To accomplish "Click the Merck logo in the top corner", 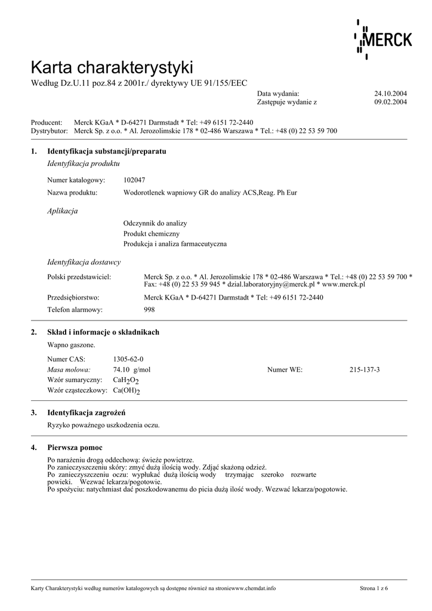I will tap(383, 39).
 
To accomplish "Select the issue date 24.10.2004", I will tap(390, 94).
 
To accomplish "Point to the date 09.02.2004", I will tap(390, 102).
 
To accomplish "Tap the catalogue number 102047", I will tap(134, 180).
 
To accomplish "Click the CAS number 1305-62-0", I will tap(128, 359).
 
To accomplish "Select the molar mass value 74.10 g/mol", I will tap(132, 370).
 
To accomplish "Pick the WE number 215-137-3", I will tap(365, 370).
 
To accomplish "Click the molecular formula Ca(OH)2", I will tap(126, 390).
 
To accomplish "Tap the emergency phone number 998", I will tap(150, 310).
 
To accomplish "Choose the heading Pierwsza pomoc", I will tap(75, 448).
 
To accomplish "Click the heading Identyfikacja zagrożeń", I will tap(86, 413).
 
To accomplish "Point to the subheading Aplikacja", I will tap(62, 211).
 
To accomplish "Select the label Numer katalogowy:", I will tap(76, 180).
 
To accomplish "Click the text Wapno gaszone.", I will tap(71, 345).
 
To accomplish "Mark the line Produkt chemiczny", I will tap(152, 233).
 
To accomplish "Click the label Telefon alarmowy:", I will tap(75, 310).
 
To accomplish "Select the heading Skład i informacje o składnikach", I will tap(103, 332).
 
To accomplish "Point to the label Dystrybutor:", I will tap(50, 131).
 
